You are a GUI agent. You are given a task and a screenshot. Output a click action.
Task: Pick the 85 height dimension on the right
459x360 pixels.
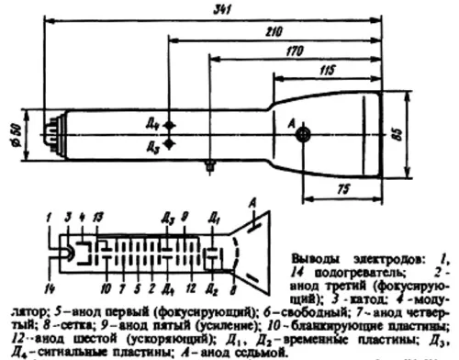pyautogui.click(x=446, y=135)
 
